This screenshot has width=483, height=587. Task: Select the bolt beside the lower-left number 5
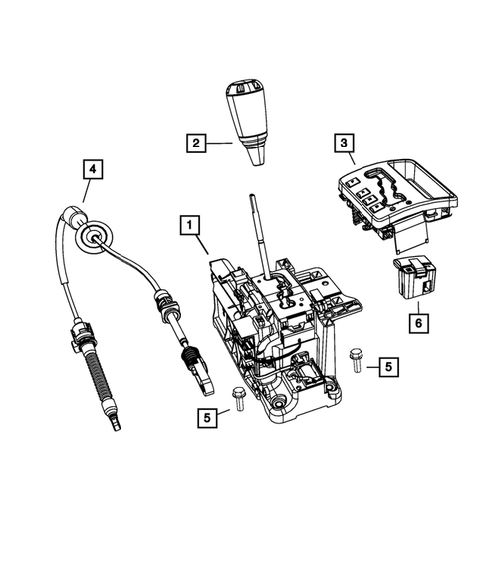tap(237, 398)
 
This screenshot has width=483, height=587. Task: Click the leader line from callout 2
tap(220, 144)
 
